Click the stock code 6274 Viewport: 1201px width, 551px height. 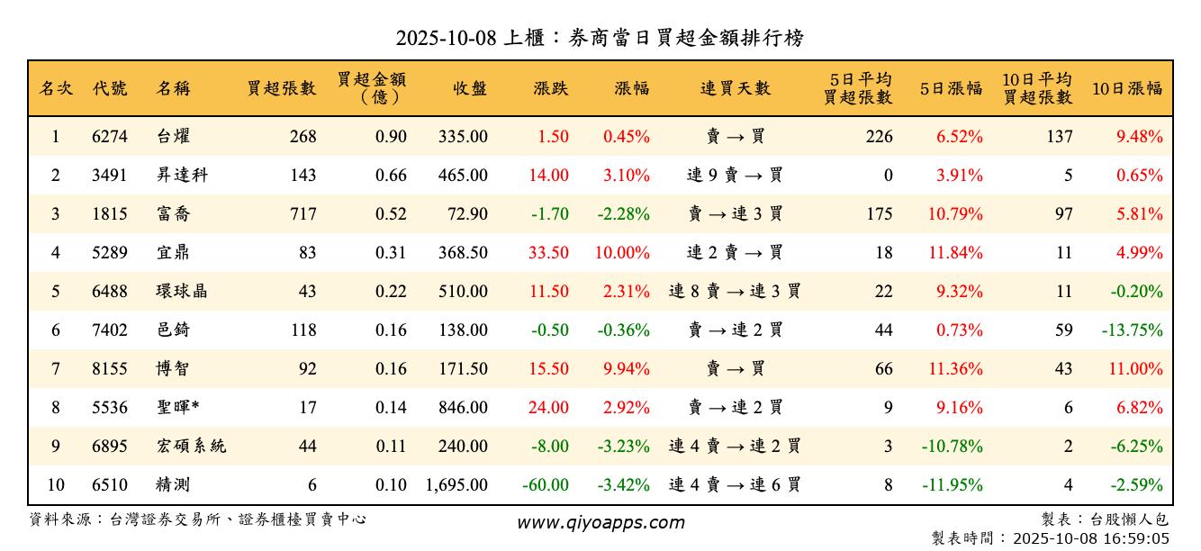click(110, 137)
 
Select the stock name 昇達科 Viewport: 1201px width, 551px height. click(182, 176)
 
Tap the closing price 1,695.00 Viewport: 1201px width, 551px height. click(456, 485)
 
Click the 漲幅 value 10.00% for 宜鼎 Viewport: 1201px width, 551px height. click(622, 253)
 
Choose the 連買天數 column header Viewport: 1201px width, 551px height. click(735, 88)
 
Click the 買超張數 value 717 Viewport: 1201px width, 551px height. click(303, 214)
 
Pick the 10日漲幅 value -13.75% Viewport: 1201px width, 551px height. click(1132, 330)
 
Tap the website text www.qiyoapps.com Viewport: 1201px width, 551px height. click(600, 522)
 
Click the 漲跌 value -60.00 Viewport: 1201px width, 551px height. click(546, 485)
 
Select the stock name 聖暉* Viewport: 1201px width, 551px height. click(177, 408)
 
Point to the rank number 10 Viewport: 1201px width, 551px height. click(56, 485)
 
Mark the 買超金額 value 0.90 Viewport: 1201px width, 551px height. click(392, 137)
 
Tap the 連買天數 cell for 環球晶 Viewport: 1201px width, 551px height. click(735, 292)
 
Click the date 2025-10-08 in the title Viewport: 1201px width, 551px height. click(446, 39)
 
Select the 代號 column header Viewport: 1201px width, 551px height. click(110, 88)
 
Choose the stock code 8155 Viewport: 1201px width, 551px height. click(110, 369)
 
